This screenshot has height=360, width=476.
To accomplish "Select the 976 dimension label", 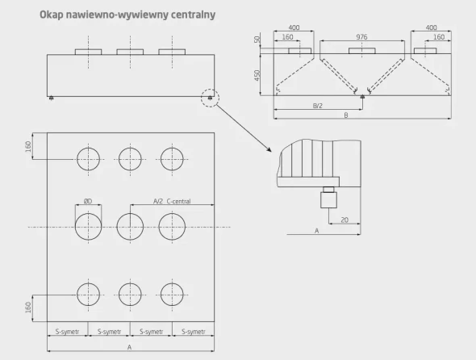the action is pyautogui.click(x=361, y=37).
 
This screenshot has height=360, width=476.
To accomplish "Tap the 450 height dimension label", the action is pyautogui.click(x=257, y=76).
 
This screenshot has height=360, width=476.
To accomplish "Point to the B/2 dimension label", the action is pyautogui.click(x=318, y=106).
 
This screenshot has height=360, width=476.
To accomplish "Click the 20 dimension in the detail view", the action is pyautogui.click(x=344, y=220).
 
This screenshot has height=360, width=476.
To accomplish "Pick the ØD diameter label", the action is pyautogui.click(x=88, y=201).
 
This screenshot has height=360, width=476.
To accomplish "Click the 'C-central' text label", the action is pyautogui.click(x=179, y=201).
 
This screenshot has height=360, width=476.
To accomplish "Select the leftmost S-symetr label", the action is pyautogui.click(x=68, y=332).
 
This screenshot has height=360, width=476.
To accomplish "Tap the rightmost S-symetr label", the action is pyautogui.click(x=194, y=332).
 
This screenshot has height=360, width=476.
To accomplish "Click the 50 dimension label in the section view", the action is pyautogui.click(x=257, y=40).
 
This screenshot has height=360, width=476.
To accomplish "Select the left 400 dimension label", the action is pyautogui.click(x=294, y=27).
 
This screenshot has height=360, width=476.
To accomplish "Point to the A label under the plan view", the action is pyautogui.click(x=130, y=347).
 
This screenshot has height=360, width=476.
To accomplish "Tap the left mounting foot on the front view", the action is pyautogui.click(x=51, y=98).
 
